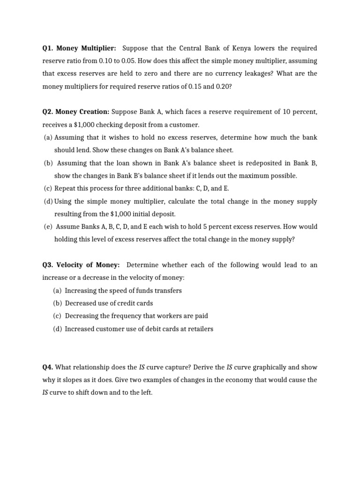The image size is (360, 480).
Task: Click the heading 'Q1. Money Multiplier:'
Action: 79,48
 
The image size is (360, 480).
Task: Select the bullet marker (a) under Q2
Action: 47,137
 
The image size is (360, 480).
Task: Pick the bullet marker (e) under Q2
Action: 48,226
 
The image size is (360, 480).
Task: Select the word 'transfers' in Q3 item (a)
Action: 168,291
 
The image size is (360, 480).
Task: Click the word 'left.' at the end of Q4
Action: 145,392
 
